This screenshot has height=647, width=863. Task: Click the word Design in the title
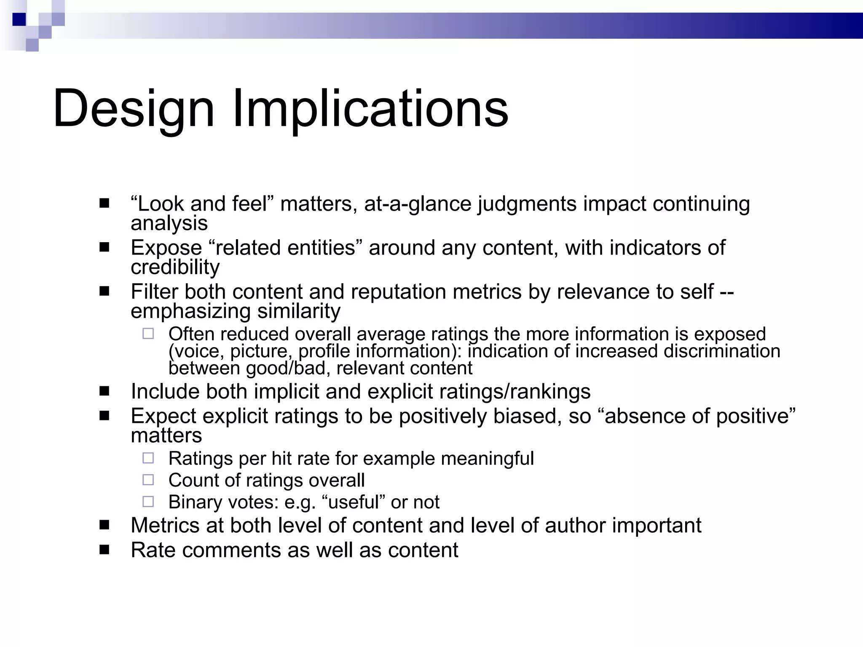tap(133, 109)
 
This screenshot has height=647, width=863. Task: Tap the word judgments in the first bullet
tap(527, 204)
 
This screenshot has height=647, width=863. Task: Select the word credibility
tap(175, 267)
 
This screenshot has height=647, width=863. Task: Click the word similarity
tap(299, 311)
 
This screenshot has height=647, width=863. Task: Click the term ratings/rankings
tap(515, 391)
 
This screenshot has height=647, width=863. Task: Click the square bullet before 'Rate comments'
tap(104, 550)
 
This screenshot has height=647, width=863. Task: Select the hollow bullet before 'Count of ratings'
tap(148, 480)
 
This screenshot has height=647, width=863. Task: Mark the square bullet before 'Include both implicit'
tap(104, 391)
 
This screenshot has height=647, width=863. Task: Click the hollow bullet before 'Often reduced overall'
tap(148, 334)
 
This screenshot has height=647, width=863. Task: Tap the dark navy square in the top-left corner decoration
tap(19, 19)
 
